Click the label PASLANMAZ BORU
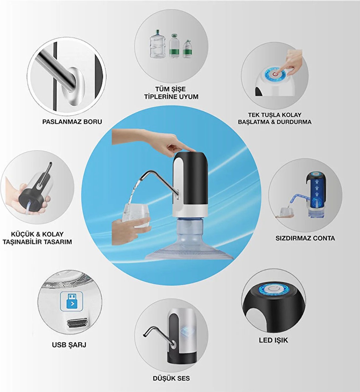(72, 122)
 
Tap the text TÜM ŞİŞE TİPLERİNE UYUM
(171, 93)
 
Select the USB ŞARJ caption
(69, 345)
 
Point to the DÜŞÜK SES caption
(171, 378)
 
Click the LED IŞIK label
(274, 340)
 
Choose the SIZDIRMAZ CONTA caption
(305, 238)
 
